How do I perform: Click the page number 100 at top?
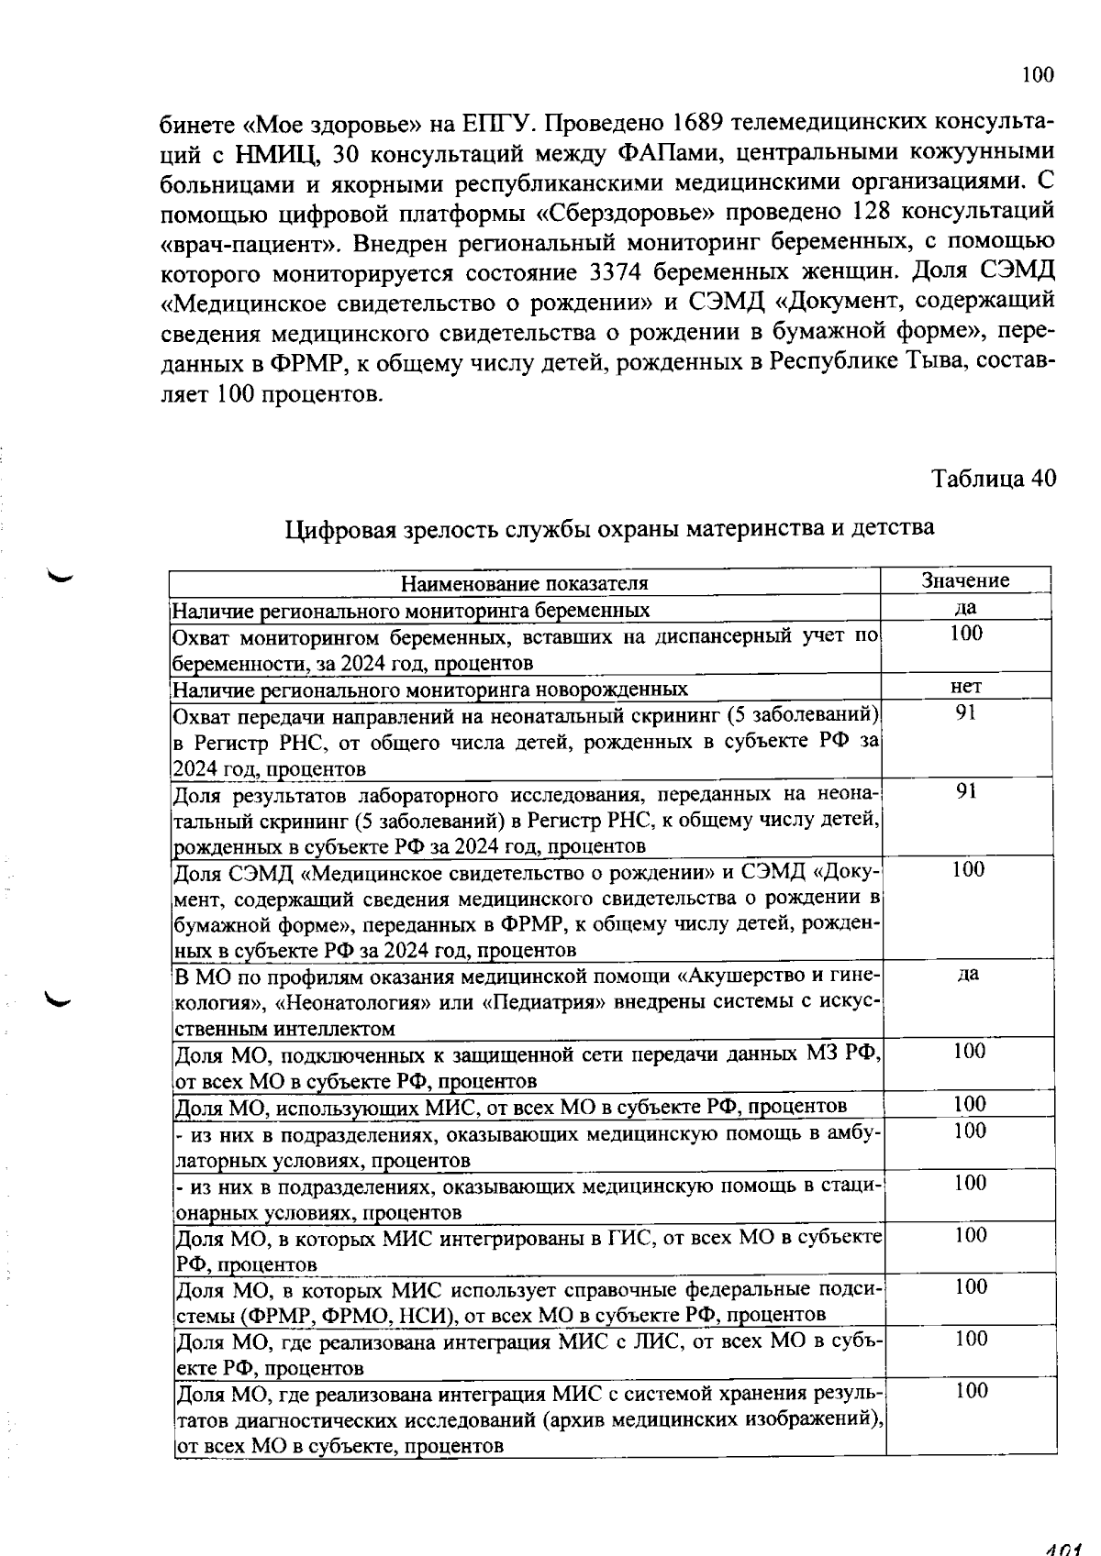[x=1038, y=75]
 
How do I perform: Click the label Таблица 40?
[x=994, y=478]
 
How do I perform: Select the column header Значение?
[x=965, y=580]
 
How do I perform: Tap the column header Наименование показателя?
[x=525, y=584]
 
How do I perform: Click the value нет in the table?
[x=966, y=686]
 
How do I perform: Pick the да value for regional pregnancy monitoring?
[x=965, y=607]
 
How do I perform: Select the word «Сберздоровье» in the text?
[x=624, y=213]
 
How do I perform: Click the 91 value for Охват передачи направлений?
[x=965, y=712]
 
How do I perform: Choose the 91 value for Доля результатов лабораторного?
[x=965, y=790]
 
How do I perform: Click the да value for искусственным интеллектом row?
[x=967, y=974]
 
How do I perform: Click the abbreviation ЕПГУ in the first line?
[x=492, y=123]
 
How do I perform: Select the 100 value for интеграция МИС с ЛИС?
[x=971, y=1339]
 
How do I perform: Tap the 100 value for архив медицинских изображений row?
[x=971, y=1391]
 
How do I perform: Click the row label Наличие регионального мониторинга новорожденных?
[x=430, y=690]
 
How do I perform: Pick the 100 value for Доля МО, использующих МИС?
[x=970, y=1103]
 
